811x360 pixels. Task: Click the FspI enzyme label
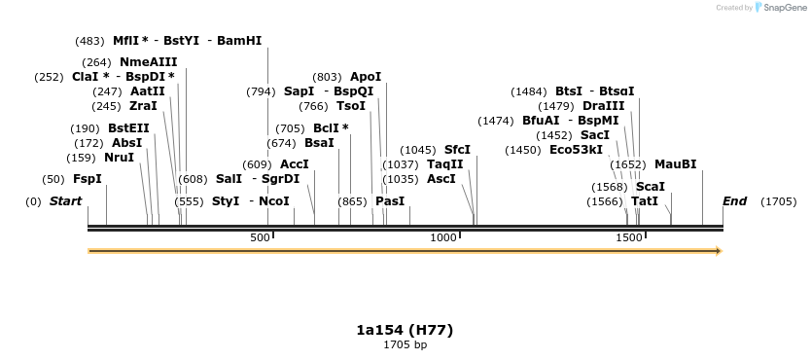[87, 179]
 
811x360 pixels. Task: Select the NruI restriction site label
[119, 158]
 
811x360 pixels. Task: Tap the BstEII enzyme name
[128, 128]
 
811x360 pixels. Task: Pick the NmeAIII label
[148, 62]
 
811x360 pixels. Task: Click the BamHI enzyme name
[239, 41]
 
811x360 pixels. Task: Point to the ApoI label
[366, 77]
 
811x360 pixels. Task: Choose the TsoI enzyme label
[350, 106]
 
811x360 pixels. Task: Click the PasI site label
[389, 201]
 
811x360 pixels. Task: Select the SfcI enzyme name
[457, 150]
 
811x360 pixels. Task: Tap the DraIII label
[603, 106]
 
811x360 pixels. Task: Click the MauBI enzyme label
[675, 164]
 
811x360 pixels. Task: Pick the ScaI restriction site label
[650, 187]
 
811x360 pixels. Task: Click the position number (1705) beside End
[778, 201]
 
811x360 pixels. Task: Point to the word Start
[65, 201]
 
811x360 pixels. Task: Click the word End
[734, 201]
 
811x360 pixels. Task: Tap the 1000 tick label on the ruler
[443, 238]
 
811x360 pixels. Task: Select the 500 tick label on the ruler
[260, 238]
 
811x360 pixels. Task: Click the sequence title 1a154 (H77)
[405, 330]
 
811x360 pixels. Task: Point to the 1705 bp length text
[405, 344]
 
